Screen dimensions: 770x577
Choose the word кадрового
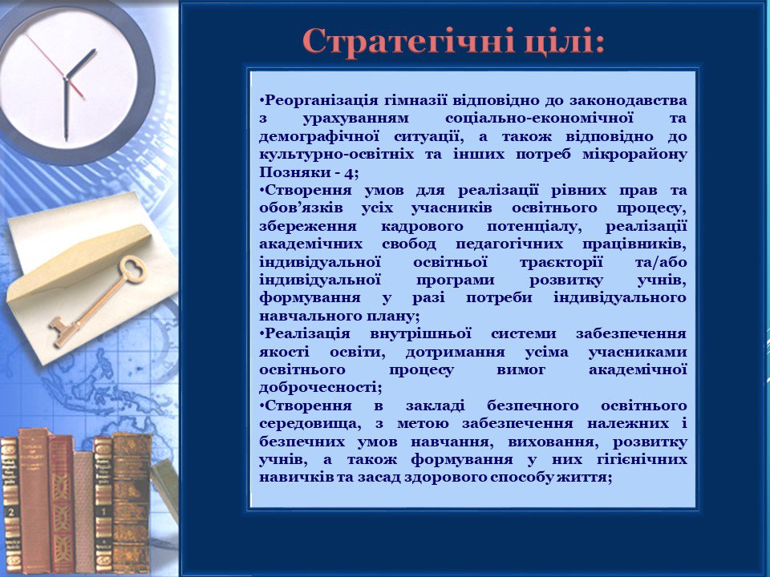click(x=422, y=227)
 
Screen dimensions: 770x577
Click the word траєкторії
click(x=561, y=263)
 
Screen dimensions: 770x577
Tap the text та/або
click(x=661, y=263)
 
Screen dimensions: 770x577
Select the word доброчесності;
click(x=321, y=388)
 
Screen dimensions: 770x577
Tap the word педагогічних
click(x=509, y=244)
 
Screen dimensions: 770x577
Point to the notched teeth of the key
click(x=61, y=333)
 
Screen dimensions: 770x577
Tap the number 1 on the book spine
click(x=103, y=512)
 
